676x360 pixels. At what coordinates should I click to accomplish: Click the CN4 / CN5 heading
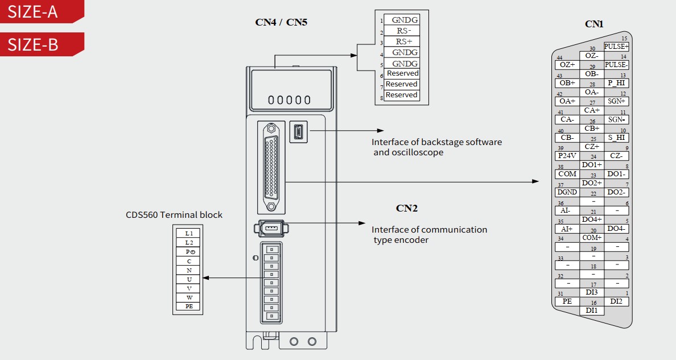[281, 23]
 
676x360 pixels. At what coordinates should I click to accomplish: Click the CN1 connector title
[594, 24]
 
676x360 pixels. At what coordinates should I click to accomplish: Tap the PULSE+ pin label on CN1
[616, 47]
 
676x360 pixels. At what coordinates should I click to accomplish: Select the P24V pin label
[567, 156]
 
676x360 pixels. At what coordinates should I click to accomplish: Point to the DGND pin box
[567, 192]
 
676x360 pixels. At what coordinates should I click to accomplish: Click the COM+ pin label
[592, 238]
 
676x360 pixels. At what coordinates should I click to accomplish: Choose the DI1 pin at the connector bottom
[592, 311]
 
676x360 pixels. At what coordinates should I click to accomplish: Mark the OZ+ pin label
[567, 65]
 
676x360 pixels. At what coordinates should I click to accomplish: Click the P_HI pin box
[616, 83]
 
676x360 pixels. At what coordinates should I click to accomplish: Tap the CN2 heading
[407, 208]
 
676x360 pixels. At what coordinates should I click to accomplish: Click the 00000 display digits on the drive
[290, 101]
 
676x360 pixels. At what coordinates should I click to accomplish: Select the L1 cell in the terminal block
[189, 233]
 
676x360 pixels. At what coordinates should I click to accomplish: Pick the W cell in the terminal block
[189, 297]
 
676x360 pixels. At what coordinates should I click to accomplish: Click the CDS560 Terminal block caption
[174, 215]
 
